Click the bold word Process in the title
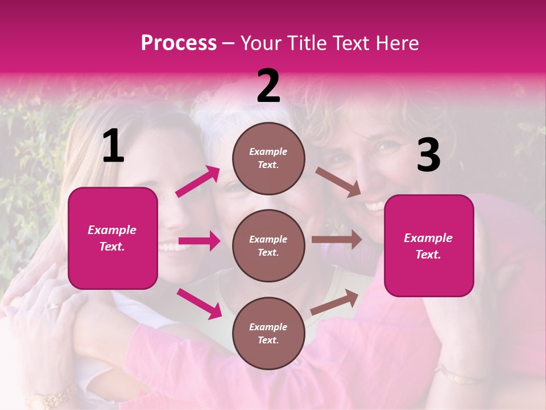click(x=179, y=43)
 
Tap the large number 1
click(x=113, y=146)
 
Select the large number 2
click(x=268, y=87)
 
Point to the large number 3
click(x=428, y=155)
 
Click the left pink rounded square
click(x=113, y=238)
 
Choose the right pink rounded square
click(x=429, y=245)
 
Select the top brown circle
click(x=268, y=158)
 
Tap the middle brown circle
click(x=268, y=245)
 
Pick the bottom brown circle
click(x=268, y=333)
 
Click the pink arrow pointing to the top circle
click(x=198, y=182)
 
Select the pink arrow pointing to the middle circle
click(x=198, y=241)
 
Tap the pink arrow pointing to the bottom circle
click(x=199, y=304)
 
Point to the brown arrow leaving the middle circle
click(x=337, y=240)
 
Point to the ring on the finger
click(x=51, y=306)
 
